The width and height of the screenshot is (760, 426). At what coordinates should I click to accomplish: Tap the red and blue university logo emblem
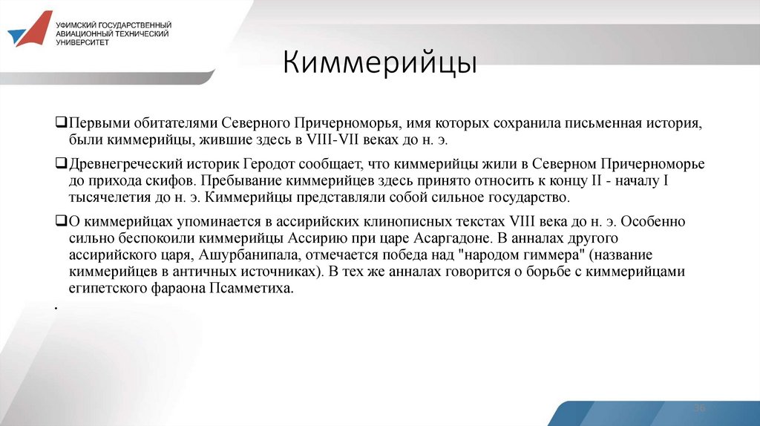30,30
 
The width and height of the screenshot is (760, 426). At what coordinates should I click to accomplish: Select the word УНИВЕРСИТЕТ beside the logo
82,42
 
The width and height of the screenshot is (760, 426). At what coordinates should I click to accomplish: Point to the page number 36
699,409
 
